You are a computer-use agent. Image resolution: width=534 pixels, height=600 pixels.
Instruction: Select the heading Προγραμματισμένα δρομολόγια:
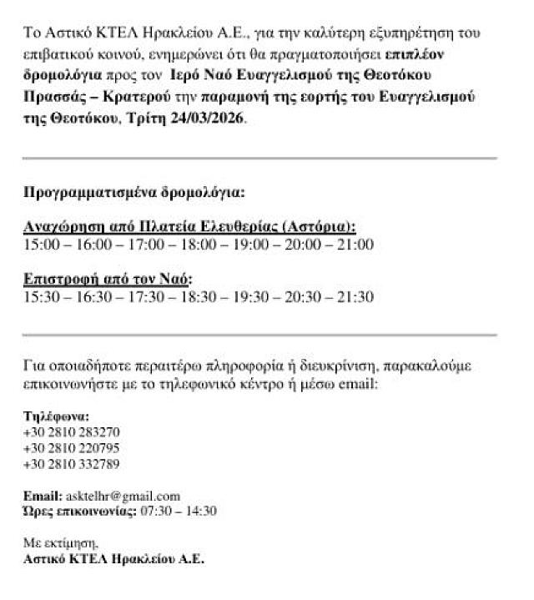point(134,193)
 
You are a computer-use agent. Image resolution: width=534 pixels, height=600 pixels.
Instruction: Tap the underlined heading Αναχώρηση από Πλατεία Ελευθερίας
point(189,227)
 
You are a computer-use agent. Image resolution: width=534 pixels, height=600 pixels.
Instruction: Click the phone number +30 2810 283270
point(72,432)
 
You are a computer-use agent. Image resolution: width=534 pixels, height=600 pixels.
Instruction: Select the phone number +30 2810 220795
point(72,448)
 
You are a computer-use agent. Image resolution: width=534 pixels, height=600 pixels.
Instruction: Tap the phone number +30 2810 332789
point(72,464)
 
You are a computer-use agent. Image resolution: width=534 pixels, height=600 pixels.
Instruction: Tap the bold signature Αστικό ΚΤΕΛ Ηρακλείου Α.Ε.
point(113,558)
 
